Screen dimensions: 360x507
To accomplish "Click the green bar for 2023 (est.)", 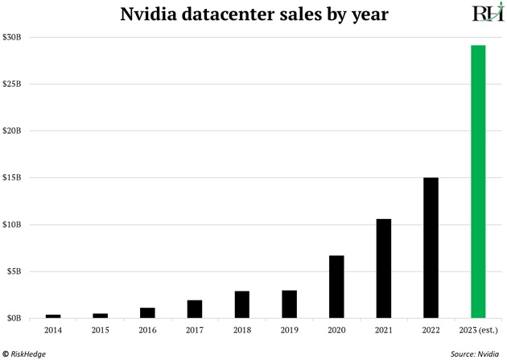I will [x=478, y=181].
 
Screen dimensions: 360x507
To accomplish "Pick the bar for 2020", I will [x=336, y=287].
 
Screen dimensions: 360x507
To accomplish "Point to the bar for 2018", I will [x=241, y=304].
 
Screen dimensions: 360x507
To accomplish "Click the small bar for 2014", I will [x=53, y=316].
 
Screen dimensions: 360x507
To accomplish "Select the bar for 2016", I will [x=147, y=312].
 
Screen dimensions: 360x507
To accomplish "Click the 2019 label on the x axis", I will [x=289, y=329].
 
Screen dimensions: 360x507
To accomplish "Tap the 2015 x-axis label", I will [x=101, y=329].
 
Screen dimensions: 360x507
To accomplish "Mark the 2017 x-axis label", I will [x=195, y=329].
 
